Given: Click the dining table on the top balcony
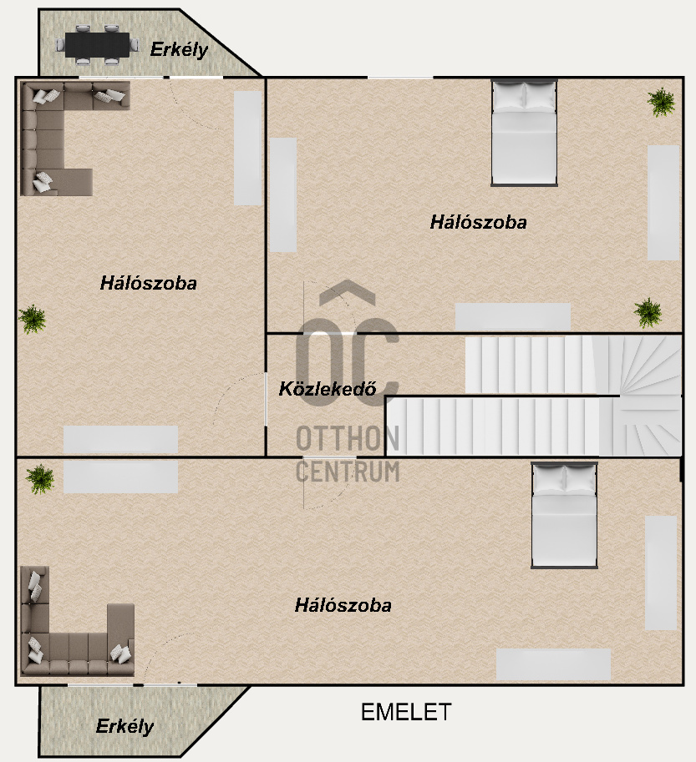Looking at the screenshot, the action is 97,45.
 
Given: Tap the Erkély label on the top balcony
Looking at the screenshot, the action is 179,49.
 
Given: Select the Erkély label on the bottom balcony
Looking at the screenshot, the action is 124,726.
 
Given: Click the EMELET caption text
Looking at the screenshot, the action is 406,713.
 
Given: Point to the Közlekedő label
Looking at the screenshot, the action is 328,388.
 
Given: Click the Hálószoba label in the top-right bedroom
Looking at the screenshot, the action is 478,222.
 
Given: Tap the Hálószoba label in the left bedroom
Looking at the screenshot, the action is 149,283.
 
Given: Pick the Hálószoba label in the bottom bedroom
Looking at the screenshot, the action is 343,605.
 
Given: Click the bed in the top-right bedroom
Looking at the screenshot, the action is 524,133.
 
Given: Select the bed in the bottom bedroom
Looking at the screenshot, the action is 564,515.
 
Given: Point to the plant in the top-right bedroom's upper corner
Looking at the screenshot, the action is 661,102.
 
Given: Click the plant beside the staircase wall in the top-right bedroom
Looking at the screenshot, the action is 648,312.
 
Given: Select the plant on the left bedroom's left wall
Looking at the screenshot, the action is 33,320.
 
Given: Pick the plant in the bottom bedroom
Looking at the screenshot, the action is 40,479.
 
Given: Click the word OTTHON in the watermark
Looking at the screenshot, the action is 348,438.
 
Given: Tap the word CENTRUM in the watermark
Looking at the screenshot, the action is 348,472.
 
